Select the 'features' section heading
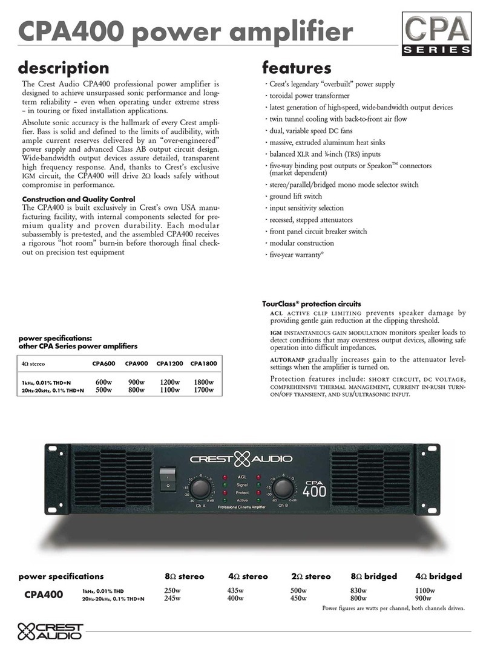click(x=296, y=68)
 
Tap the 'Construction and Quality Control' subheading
click(x=78, y=199)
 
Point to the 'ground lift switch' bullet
click(x=295, y=197)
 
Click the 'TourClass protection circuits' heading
click(x=311, y=303)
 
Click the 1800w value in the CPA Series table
click(x=203, y=382)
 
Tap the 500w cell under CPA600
click(x=104, y=390)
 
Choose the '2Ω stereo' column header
click(x=310, y=576)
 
